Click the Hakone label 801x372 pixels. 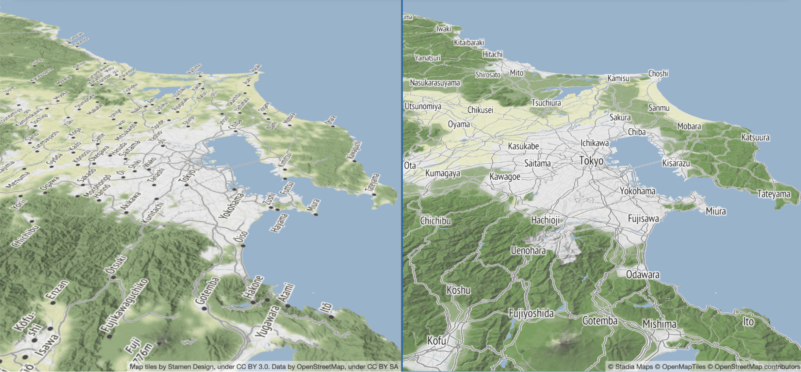click(x=254, y=287)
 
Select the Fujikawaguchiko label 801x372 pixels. click(x=124, y=306)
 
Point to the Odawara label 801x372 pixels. click(x=643, y=275)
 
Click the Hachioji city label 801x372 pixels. click(x=545, y=220)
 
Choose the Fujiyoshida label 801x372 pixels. click(x=531, y=313)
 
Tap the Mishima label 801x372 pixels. click(x=659, y=324)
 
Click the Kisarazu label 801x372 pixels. click(x=676, y=163)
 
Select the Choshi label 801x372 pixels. click(x=658, y=73)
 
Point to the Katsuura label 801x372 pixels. click(x=755, y=137)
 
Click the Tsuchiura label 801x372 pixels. click(x=546, y=103)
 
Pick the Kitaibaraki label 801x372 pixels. click(x=469, y=42)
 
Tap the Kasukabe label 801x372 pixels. click(x=523, y=146)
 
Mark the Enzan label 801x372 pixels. click(x=57, y=290)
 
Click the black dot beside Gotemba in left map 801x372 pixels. click(x=204, y=309)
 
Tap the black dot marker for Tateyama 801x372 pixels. click(x=374, y=195)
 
